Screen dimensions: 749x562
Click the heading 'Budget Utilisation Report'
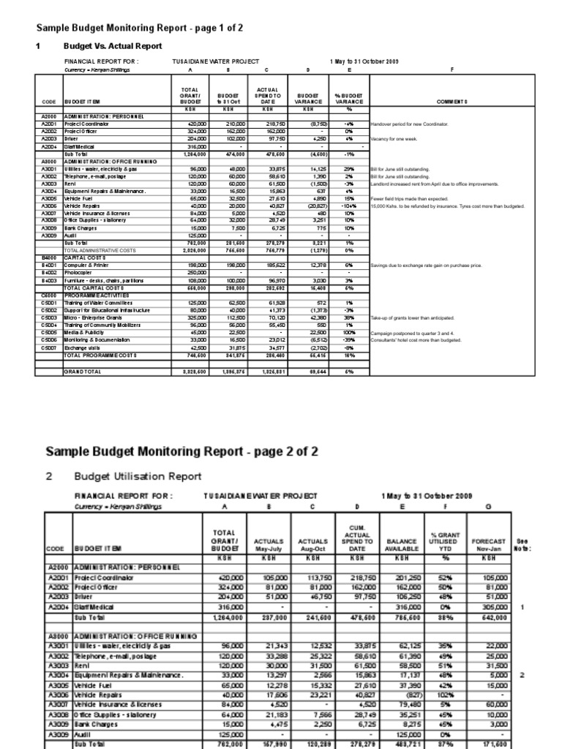click(x=138, y=476)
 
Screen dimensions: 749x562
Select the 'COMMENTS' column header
click(x=452, y=102)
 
